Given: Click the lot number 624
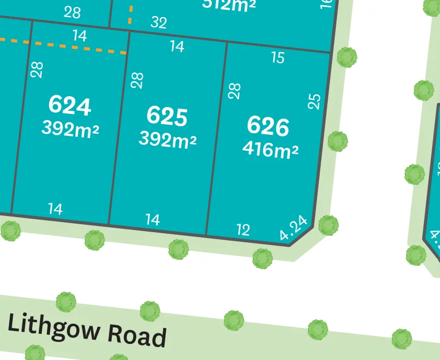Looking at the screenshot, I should (70, 105).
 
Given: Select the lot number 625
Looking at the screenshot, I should (167, 116).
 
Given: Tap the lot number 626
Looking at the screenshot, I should (268, 126).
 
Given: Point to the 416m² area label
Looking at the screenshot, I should (270, 149).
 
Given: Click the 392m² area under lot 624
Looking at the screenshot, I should (70, 128).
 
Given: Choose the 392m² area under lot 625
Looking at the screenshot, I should (167, 139).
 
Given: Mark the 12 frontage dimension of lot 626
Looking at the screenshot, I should (243, 230).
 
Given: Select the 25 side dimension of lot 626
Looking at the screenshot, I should (315, 101).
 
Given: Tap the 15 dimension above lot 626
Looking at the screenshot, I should (277, 58).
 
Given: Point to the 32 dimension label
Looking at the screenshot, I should (159, 22).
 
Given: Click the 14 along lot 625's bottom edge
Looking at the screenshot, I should (152, 219).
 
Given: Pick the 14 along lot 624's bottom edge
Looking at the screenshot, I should (55, 209).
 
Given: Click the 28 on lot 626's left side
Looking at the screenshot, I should (234, 90).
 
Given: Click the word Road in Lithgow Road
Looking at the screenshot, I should (137, 335).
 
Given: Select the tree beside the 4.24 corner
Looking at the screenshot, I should (328, 225).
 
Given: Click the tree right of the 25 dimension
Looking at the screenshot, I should (337, 142).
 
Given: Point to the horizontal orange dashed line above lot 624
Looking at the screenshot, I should (64, 46).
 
